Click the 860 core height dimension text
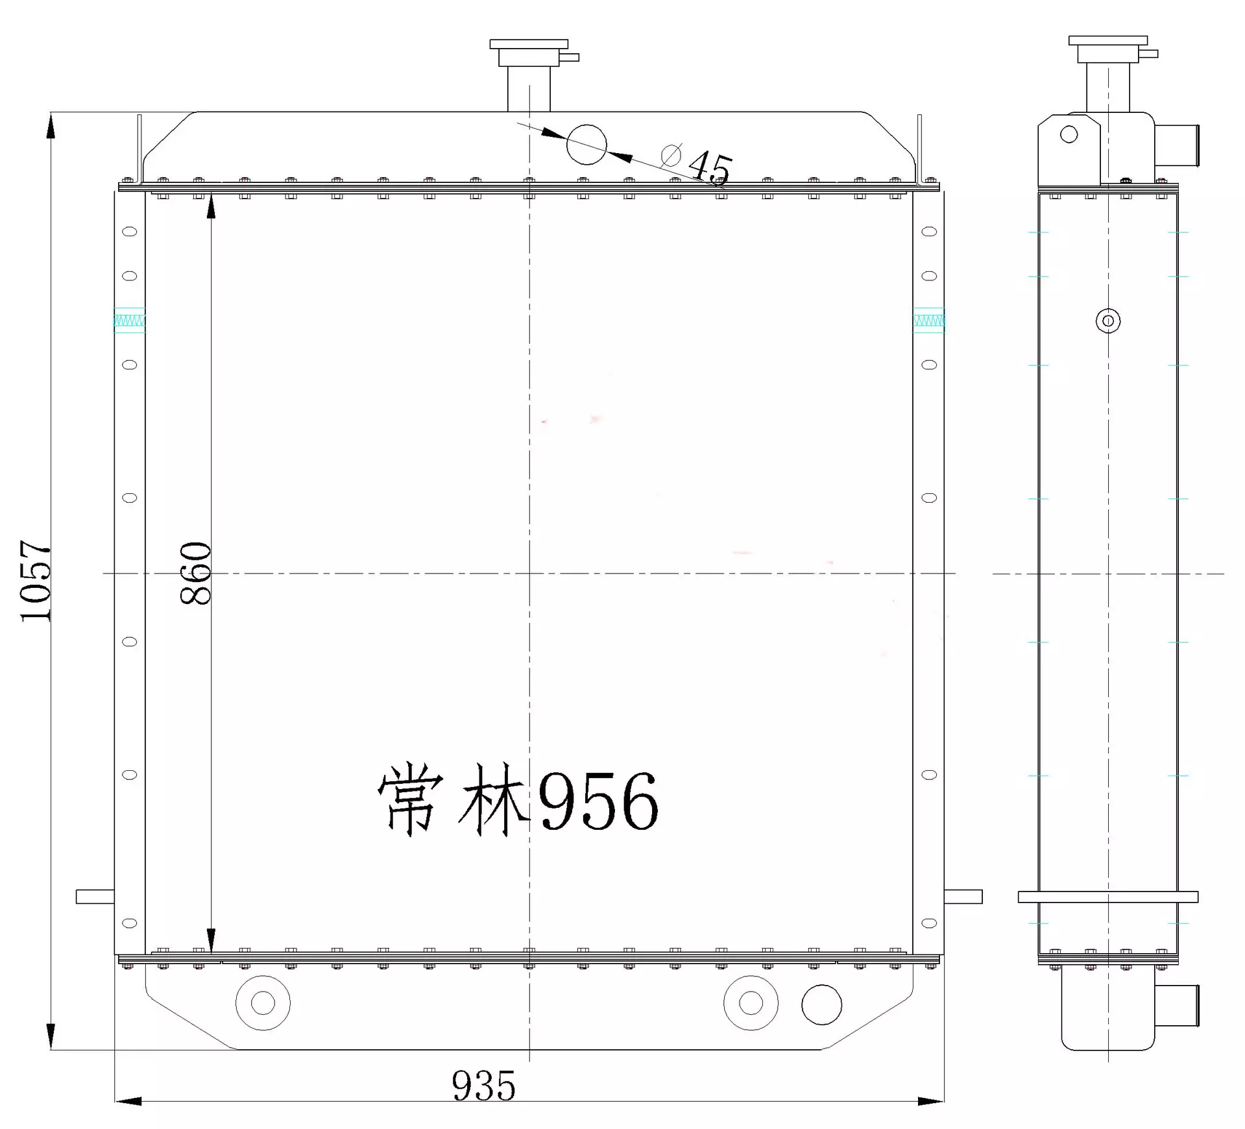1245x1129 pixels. (195, 573)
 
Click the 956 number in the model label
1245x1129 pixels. (598, 802)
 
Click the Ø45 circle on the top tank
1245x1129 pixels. (586, 145)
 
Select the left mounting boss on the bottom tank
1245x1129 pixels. (263, 1002)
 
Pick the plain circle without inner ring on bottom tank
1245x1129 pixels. (821, 1004)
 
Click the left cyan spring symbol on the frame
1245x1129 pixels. (129, 321)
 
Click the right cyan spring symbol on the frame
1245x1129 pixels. (928, 321)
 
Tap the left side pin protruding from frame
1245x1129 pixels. (95, 896)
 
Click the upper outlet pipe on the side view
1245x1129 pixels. (1177, 147)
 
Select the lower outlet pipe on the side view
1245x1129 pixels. (1177, 1006)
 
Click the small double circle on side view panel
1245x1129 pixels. (1107, 321)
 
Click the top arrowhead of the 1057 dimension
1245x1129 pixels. (51, 126)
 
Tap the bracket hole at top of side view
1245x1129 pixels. (1069, 134)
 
